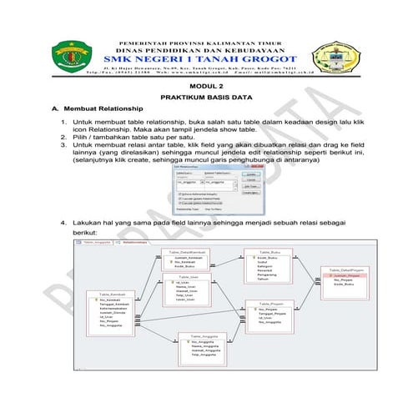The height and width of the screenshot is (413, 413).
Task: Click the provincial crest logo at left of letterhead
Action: [67, 56]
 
